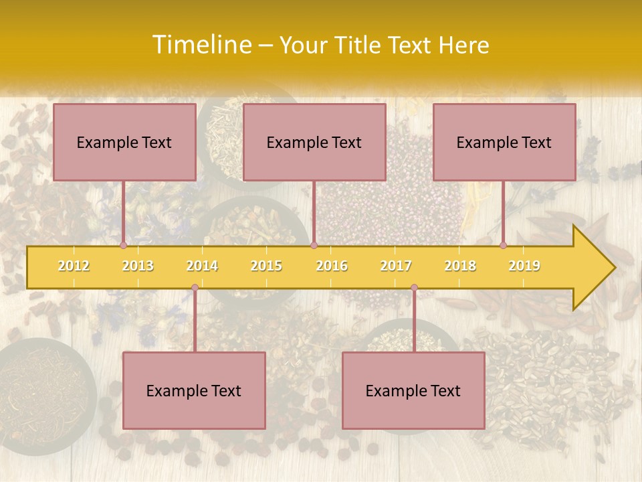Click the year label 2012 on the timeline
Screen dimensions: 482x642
click(74, 266)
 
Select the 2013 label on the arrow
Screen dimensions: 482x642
click(138, 266)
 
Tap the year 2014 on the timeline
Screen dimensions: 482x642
click(202, 266)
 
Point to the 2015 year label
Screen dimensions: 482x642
click(266, 266)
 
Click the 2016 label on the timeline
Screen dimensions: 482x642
click(332, 266)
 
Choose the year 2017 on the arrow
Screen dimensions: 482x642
click(396, 266)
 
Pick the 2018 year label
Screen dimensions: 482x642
click(460, 266)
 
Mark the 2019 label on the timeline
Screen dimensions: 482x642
click(524, 266)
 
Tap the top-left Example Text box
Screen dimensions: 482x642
click(124, 142)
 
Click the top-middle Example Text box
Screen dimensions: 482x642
click(314, 142)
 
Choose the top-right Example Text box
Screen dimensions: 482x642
click(504, 142)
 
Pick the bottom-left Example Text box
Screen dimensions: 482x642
click(194, 390)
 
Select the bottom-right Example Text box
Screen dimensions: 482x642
click(413, 390)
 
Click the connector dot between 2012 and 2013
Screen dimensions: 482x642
click(123, 245)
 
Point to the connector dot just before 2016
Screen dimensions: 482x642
click(314, 245)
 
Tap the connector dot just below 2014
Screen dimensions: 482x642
click(195, 288)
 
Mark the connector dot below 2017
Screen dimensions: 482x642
click(414, 288)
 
